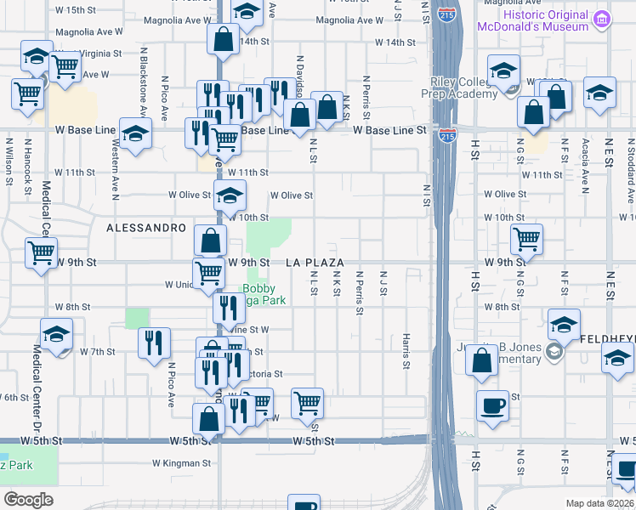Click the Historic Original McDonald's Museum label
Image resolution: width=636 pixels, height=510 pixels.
[545, 21]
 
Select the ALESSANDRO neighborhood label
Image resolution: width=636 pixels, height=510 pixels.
[146, 229]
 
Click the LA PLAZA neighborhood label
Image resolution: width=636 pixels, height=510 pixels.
[315, 263]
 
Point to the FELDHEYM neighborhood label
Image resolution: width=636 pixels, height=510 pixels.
[607, 338]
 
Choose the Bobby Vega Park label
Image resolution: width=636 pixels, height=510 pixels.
[261, 294]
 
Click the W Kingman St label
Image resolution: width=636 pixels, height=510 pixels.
[181, 463]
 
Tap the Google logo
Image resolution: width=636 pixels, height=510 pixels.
[28, 499]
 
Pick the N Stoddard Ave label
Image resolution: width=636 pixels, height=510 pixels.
[630, 181]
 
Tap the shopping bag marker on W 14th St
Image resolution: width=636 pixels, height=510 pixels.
[223, 39]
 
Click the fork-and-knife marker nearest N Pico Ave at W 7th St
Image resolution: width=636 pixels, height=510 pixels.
[153, 343]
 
